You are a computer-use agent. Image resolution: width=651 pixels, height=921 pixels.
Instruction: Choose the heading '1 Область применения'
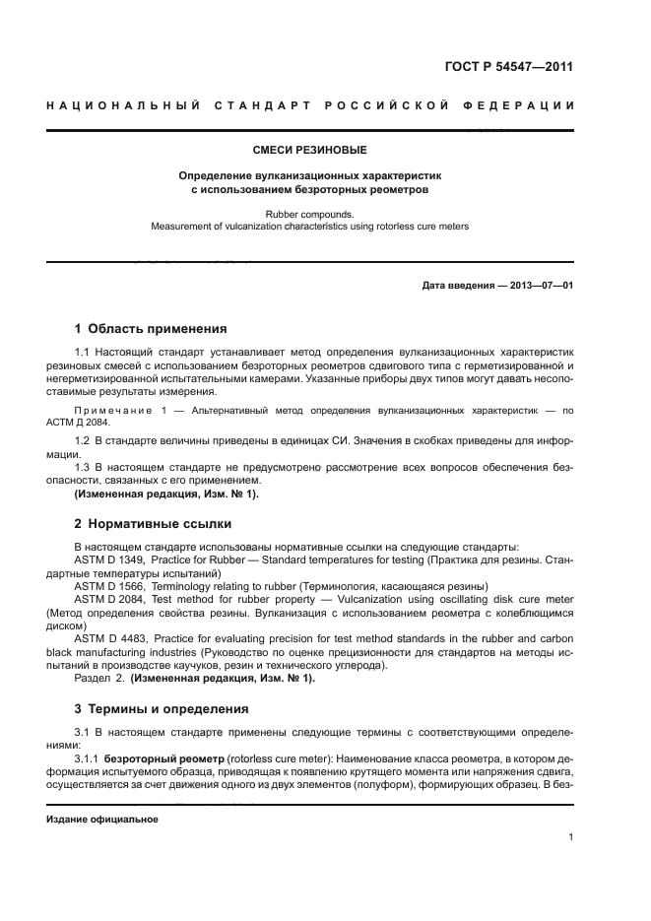[151, 329]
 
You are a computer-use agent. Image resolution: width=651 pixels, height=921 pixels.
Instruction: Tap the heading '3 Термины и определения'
[162, 708]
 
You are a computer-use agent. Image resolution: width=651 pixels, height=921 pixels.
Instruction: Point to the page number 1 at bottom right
[570, 837]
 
